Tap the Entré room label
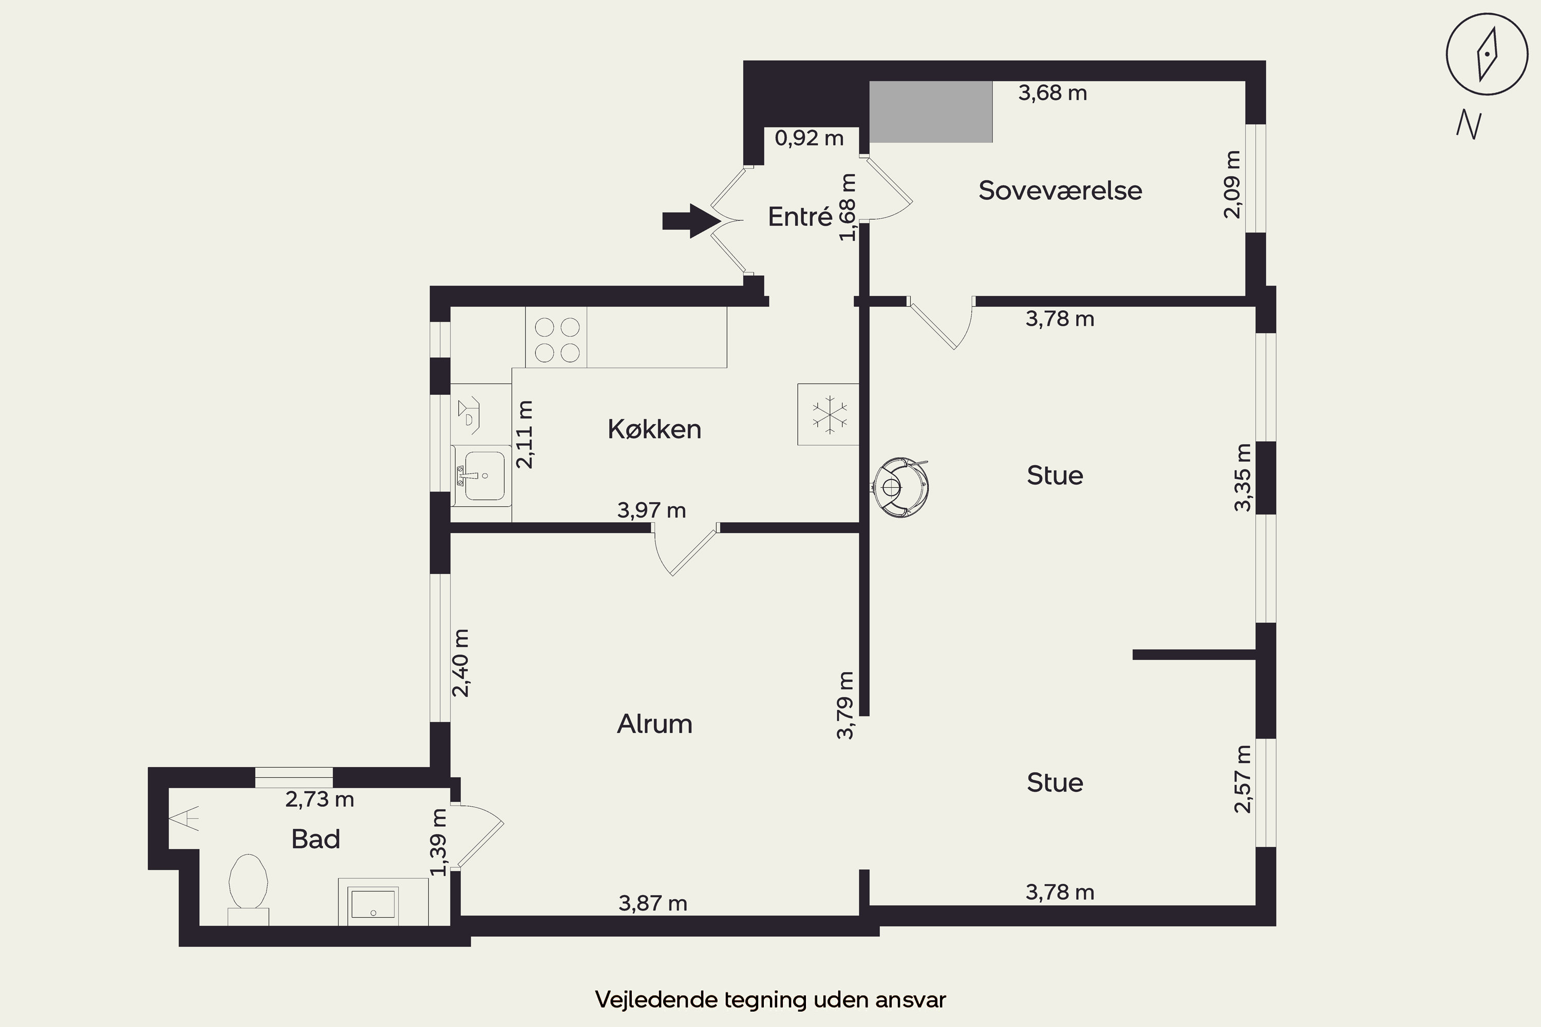(799, 217)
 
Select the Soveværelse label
(1060, 190)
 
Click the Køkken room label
(654, 429)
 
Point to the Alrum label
(654, 724)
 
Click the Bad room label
(316, 839)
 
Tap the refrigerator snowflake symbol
(830, 414)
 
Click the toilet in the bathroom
(248, 889)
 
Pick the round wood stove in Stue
(901, 487)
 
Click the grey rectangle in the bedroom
(930, 112)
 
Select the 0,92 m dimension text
(809, 138)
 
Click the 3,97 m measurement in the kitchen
(651, 510)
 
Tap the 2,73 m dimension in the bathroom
(320, 799)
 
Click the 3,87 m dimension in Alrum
(653, 903)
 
